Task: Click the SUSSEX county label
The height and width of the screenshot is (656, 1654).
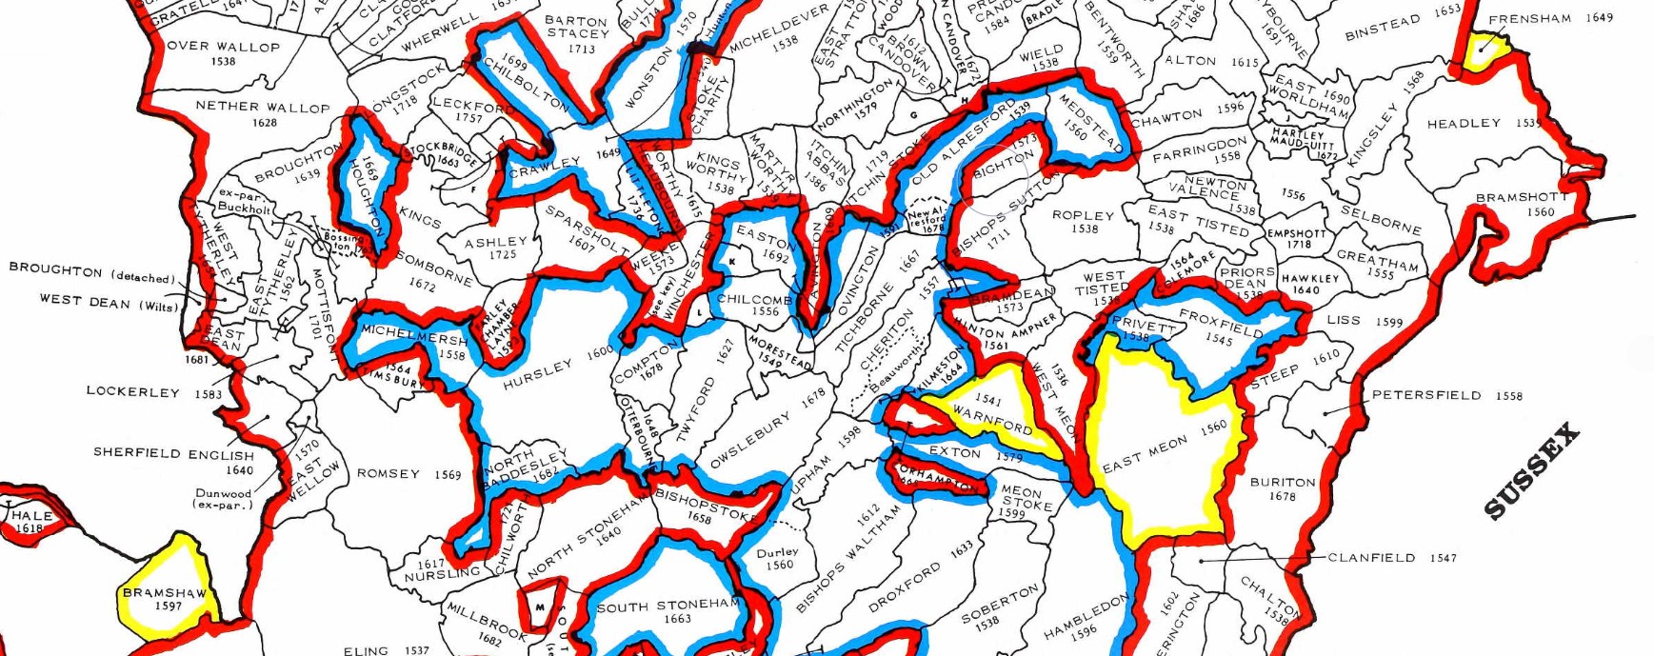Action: pyautogui.click(x=1532, y=472)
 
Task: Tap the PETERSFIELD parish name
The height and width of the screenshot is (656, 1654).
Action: pyautogui.click(x=1425, y=395)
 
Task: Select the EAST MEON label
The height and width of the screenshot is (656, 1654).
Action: pyautogui.click(x=1145, y=454)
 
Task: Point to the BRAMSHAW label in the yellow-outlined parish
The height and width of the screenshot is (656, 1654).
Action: pyautogui.click(x=164, y=593)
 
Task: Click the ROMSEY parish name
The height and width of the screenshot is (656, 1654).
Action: pyautogui.click(x=388, y=473)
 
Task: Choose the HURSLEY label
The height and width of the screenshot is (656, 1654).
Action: pyautogui.click(x=537, y=372)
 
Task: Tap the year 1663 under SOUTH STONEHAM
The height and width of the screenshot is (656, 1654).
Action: pyautogui.click(x=677, y=619)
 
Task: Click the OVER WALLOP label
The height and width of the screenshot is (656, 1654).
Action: pyautogui.click(x=223, y=46)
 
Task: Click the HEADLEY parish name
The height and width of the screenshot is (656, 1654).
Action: pyautogui.click(x=1463, y=124)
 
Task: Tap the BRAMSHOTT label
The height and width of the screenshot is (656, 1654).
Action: pyautogui.click(x=1522, y=198)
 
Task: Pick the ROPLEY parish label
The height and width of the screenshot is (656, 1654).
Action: pyautogui.click(x=1083, y=215)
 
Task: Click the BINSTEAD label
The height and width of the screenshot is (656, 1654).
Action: pyautogui.click(x=1383, y=27)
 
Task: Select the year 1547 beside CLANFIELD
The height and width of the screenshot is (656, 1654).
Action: pyautogui.click(x=1443, y=558)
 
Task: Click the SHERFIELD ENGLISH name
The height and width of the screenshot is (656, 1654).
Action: pyautogui.click(x=173, y=453)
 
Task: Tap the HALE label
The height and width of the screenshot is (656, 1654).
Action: pyautogui.click(x=31, y=515)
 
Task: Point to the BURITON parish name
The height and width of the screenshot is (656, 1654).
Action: pyautogui.click(x=1283, y=483)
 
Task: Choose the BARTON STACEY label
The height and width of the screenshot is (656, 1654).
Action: pyautogui.click(x=577, y=27)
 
